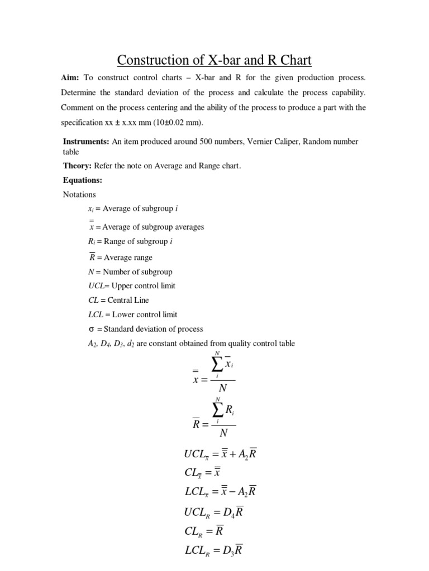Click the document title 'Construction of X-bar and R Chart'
pyautogui.click(x=214, y=60)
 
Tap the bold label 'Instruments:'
pyautogui.click(x=86, y=142)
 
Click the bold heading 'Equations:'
pyautogui.click(x=83, y=181)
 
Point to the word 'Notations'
pyautogui.click(x=79, y=195)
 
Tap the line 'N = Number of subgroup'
pyautogui.click(x=127, y=272)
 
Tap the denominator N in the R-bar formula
pyautogui.click(x=223, y=433)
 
